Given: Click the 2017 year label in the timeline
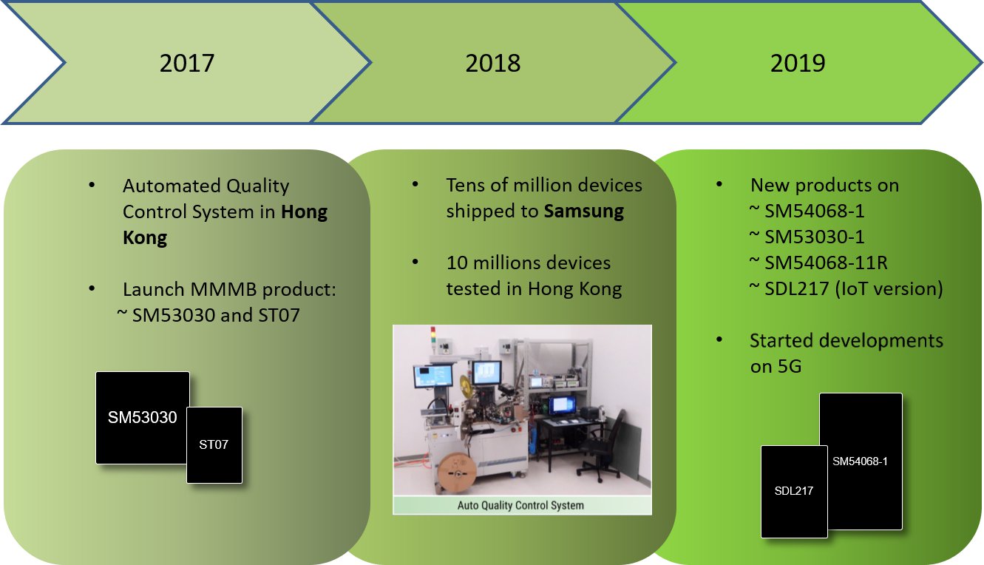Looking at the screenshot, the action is point(187,63).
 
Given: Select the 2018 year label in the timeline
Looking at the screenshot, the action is point(492,63).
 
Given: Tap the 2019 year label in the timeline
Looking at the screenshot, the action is point(798,63).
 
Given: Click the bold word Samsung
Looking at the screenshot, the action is point(583,212).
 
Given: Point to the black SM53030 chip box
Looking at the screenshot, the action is point(143,417).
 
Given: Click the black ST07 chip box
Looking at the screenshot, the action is point(214,445).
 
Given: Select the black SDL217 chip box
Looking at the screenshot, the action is point(794,492).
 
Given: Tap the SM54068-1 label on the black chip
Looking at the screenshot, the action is point(860,461).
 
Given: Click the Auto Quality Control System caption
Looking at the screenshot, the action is point(520,506).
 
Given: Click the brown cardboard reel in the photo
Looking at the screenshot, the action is point(456,472).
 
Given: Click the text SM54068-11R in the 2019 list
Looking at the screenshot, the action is point(826,263).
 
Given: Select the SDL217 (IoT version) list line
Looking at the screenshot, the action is point(846,289).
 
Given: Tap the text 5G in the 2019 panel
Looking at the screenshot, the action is point(789,366).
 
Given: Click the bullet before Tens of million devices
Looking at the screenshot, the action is point(415,184).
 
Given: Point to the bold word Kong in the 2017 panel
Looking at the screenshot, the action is point(145,237).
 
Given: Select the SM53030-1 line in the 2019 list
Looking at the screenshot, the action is point(807,237).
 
